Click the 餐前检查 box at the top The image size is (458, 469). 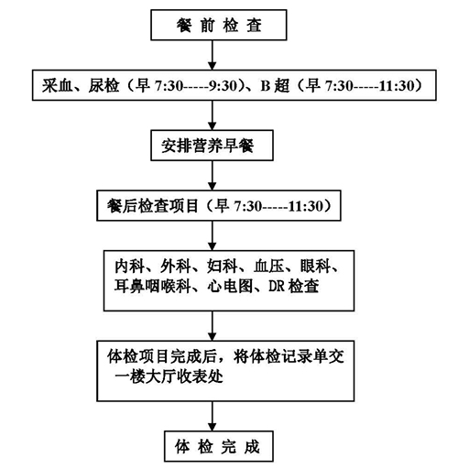(219, 25)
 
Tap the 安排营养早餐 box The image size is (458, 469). (212, 146)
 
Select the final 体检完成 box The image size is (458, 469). (219, 446)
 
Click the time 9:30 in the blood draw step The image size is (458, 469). (224, 86)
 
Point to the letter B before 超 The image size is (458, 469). (265, 86)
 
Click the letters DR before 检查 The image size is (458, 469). (277, 287)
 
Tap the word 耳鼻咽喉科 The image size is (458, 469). (153, 287)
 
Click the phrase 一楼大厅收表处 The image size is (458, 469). (169, 376)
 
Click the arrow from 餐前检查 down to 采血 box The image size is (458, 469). (213, 55)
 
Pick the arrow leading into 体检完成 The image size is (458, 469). (213, 416)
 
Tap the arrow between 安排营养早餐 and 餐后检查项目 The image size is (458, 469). (213, 176)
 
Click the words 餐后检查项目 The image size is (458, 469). (153, 206)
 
